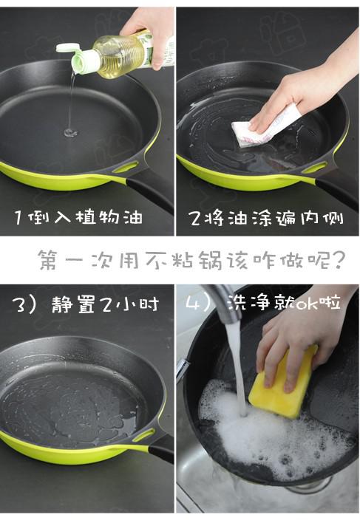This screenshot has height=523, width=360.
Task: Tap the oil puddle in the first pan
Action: [x=69, y=133]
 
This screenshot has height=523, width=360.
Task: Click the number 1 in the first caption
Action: [x=19, y=217]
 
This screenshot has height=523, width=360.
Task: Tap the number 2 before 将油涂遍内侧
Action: [x=194, y=218]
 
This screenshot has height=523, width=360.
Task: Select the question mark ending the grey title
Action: [x=336, y=260]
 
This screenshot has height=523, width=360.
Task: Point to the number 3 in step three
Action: [x=19, y=304]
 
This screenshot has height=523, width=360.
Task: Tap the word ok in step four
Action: [x=306, y=304]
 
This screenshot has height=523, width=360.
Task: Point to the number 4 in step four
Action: [x=191, y=303]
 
